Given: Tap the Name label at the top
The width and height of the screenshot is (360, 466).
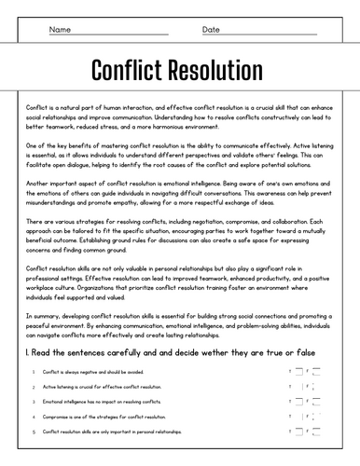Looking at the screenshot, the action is pos(60,30).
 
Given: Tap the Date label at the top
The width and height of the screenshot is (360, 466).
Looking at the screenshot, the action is pos(211,30).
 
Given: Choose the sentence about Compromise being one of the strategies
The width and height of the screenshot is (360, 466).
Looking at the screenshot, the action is pos(93,417).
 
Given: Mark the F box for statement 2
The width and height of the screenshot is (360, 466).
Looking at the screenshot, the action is pos(316,386).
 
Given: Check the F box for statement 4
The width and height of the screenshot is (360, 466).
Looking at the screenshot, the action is pos(316,417).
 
